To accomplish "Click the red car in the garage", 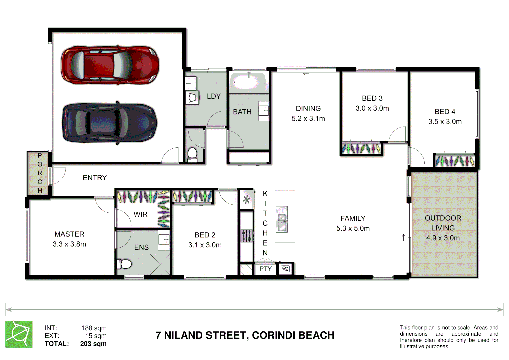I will point(110,65).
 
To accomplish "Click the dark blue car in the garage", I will point(110,123).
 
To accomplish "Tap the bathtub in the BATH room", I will point(249,82).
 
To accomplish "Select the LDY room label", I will point(214,96).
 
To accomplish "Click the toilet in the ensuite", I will point(124,264).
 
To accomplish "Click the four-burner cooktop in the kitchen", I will point(247,236).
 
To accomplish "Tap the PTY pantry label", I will point(266,269).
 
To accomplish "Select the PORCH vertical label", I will point(40,173).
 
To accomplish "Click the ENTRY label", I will point(95,178).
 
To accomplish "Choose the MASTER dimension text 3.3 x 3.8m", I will point(69,244).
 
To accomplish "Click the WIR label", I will point(140,214).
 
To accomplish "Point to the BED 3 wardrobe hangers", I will point(361,148).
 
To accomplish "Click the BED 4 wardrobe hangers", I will point(455,161).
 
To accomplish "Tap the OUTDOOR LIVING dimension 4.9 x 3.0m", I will point(443,238).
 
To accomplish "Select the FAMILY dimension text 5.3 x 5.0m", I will point(353,229).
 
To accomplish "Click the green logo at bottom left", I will point(19,334).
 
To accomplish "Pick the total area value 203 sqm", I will point(93,344).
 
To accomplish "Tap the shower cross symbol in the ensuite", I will point(160,264).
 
